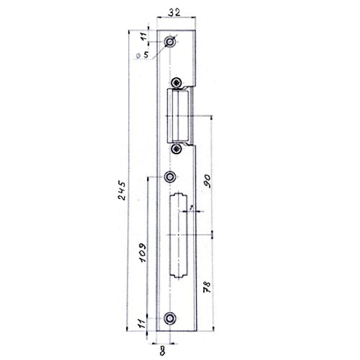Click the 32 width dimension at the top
[x=175, y=13]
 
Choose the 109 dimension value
[x=143, y=252]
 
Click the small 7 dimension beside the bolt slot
[x=192, y=207]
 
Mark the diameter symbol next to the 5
[x=138, y=56]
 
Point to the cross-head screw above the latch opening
[x=176, y=82]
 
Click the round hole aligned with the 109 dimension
[x=170, y=177]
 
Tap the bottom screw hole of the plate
[x=170, y=318]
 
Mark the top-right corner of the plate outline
[x=195, y=30]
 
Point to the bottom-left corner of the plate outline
[x=156, y=330]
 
